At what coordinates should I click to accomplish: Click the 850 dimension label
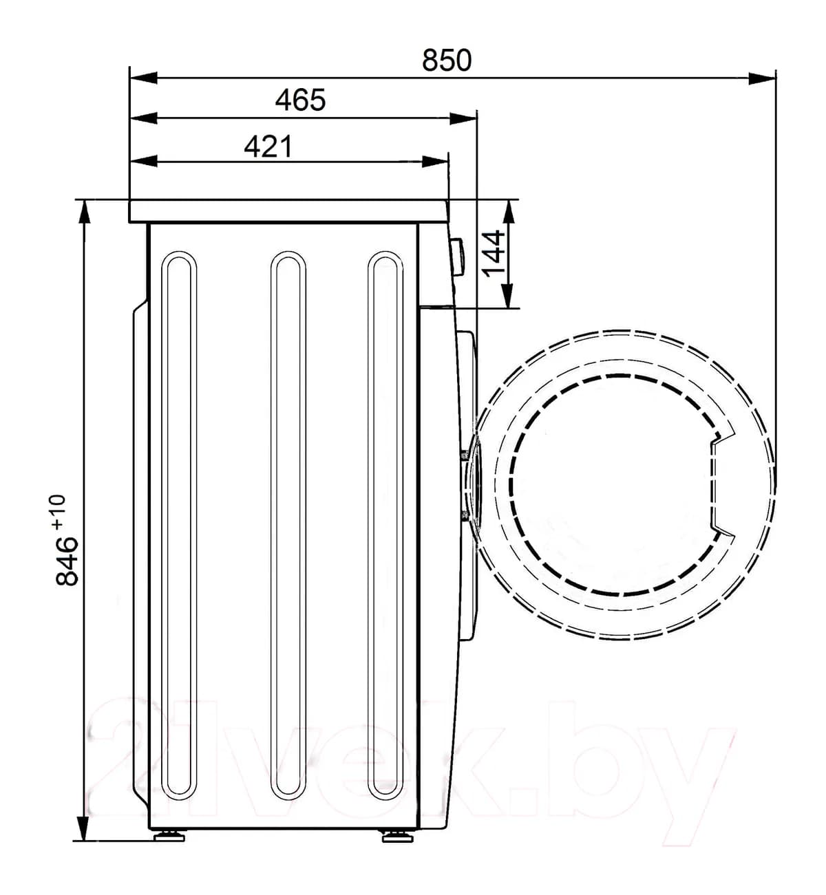446,60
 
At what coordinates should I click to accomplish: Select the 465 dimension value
300,100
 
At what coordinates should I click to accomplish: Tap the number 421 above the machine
268,146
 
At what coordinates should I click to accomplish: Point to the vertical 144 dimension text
493,253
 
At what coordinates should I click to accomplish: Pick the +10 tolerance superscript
59,512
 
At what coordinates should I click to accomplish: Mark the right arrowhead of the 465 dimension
463,118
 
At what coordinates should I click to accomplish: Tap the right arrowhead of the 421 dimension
435,161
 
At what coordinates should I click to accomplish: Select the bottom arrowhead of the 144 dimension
508,296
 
